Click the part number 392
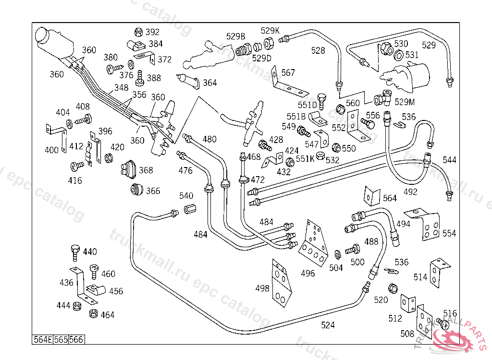click(x=152, y=33)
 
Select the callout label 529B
click(x=235, y=36)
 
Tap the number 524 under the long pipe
click(x=328, y=325)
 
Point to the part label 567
click(x=288, y=73)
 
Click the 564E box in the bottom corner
click(x=42, y=339)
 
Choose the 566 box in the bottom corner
click(x=76, y=339)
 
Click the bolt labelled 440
click(x=74, y=250)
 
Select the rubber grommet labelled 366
click(x=136, y=189)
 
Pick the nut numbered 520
click(x=392, y=288)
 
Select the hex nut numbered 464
click(x=94, y=314)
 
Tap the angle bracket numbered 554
click(x=427, y=224)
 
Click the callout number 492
click(x=410, y=192)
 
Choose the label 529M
click(x=405, y=102)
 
